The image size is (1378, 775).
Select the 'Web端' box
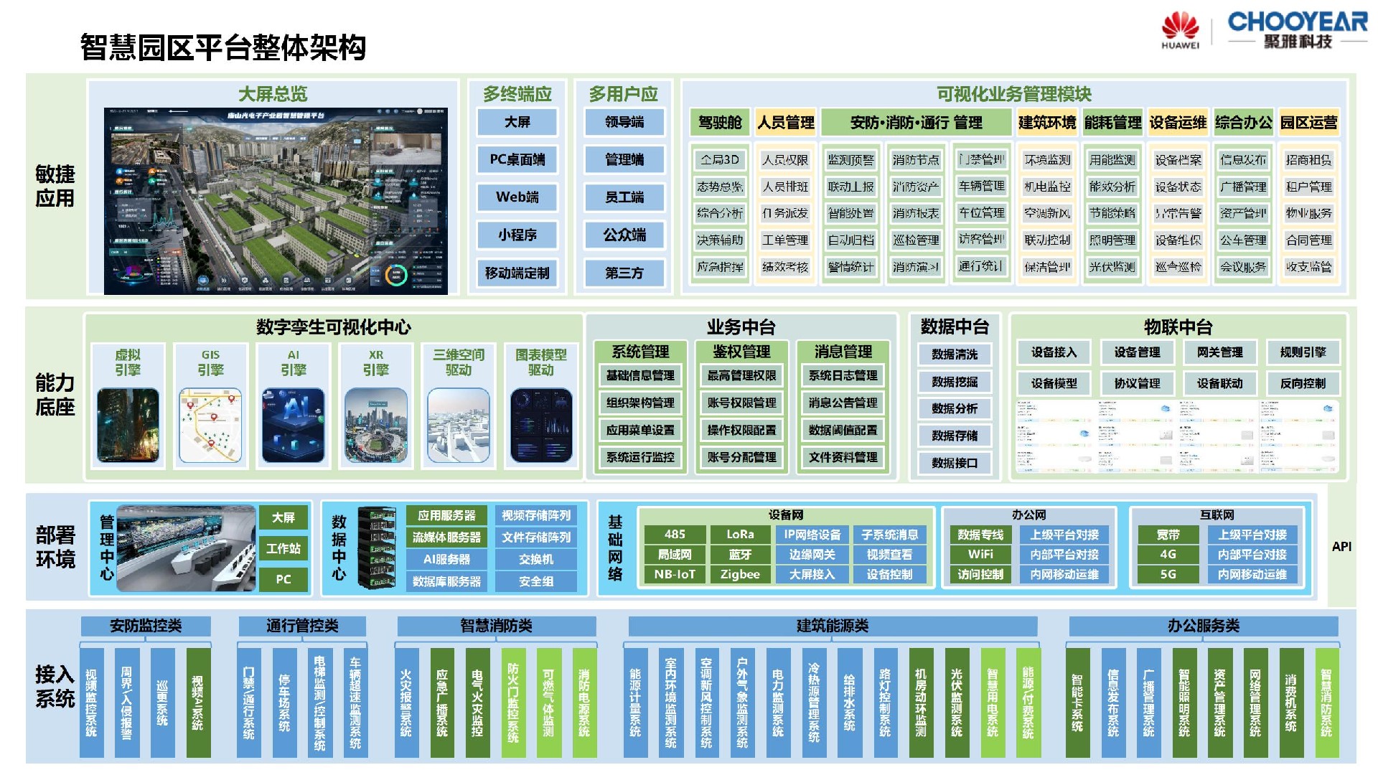pyautogui.click(x=517, y=197)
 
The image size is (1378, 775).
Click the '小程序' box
pyautogui.click(x=517, y=235)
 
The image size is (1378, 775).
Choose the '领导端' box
pyautogui.click(x=624, y=122)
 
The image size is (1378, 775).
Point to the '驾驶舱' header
pyautogui.click(x=720, y=123)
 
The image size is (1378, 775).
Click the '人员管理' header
pyautogui.click(x=786, y=123)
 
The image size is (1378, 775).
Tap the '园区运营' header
pyautogui.click(x=1308, y=123)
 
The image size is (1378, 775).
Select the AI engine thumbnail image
pyautogui.click(x=294, y=426)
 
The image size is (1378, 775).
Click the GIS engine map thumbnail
pyautogui.click(x=210, y=426)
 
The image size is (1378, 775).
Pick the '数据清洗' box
pyautogui.click(x=955, y=354)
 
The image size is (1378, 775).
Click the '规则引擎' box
pyautogui.click(x=1303, y=352)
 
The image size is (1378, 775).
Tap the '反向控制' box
pyautogui.click(x=1303, y=383)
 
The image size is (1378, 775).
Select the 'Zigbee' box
pyautogui.click(x=740, y=574)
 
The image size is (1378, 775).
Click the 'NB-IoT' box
pyautogui.click(x=675, y=574)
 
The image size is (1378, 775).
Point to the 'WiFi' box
pyautogui.click(x=980, y=554)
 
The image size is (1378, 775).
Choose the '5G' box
pyautogui.click(x=1168, y=574)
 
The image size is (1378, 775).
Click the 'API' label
pyautogui.click(x=1341, y=547)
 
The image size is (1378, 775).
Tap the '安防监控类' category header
pyautogui.click(x=146, y=626)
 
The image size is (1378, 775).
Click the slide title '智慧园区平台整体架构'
pyautogui.click(x=223, y=48)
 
